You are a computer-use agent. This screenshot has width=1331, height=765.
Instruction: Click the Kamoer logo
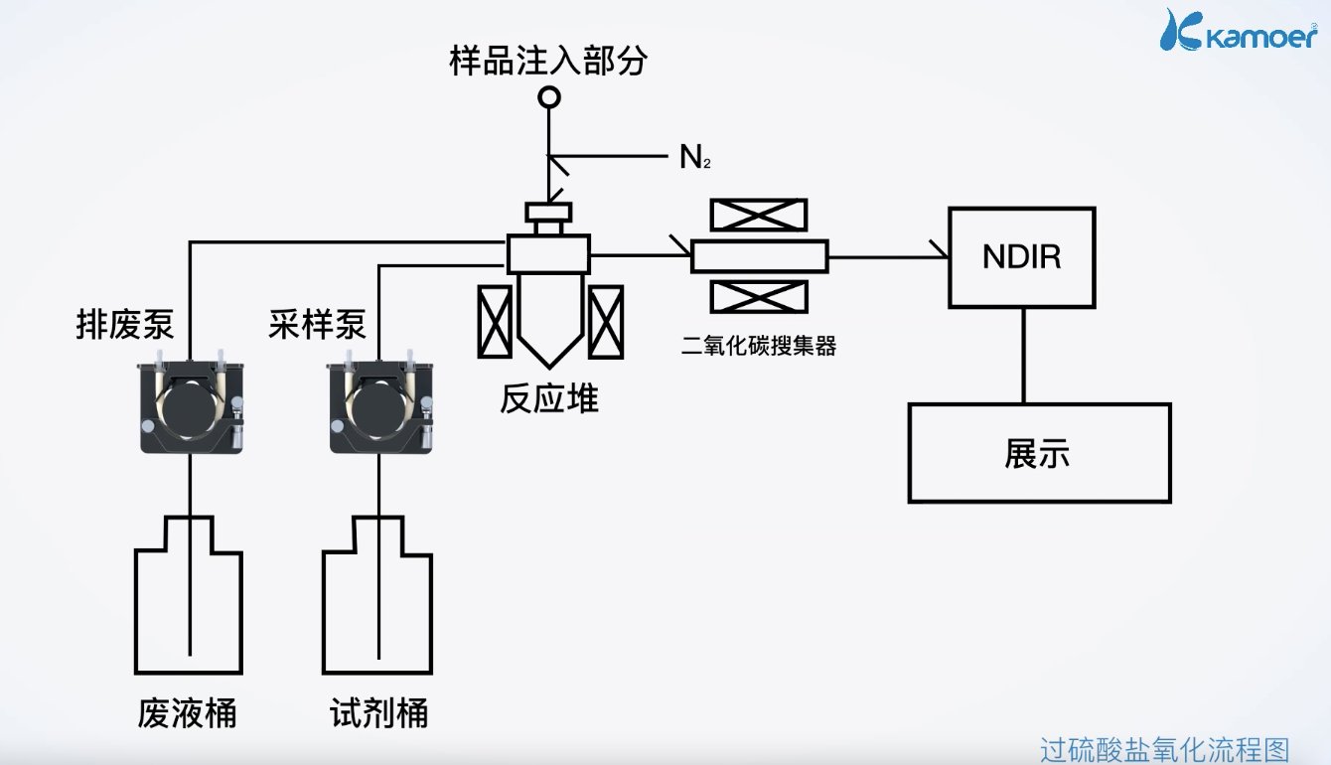pos(1240,31)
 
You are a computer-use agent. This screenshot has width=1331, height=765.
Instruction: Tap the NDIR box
pos(1021,257)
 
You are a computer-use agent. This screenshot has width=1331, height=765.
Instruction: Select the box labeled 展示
pos(1039,453)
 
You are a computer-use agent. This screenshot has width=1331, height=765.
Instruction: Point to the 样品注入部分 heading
pos(548,61)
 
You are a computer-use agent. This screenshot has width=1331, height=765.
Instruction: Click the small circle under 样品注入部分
pos(548,97)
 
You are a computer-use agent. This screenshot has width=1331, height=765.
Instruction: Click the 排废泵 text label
pos(125,325)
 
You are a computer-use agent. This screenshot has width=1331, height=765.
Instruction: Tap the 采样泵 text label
pos(317,325)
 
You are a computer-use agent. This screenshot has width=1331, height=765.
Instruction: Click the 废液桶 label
pos(188,713)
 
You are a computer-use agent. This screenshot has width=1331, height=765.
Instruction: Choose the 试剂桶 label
pos(379,713)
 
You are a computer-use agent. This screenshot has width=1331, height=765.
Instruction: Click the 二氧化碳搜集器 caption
pos(759,346)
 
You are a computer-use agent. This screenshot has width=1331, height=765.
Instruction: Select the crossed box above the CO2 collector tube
pos(759,216)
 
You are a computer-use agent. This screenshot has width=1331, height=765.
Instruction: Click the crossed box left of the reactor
pos(495,321)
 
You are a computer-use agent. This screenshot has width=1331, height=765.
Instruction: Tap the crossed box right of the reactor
pos(605,321)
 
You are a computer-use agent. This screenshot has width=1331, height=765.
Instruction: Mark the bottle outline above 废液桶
pos(188,606)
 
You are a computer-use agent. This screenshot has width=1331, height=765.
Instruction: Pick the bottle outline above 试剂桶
pos(377,606)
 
